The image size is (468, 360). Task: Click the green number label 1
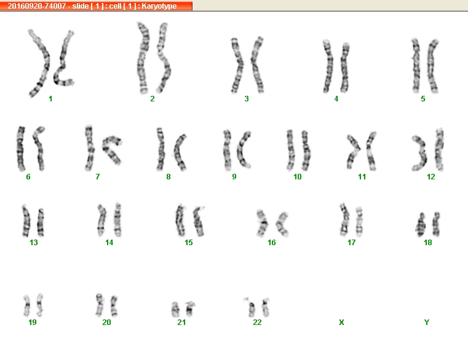tap(50, 99)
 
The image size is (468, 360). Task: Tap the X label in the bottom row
tap(341, 322)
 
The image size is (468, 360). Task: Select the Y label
tap(427, 322)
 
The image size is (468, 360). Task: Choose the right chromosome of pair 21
tap(190, 309)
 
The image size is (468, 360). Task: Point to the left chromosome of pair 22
tap(252, 308)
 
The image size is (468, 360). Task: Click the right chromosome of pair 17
tap(359, 221)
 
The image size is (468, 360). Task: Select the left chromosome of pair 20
tap(100, 305)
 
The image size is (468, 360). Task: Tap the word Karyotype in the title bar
tap(159, 6)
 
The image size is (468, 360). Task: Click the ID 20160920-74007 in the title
tap(37, 6)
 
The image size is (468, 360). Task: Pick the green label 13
tap(34, 243)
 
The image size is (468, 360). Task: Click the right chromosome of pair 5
tap(432, 66)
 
